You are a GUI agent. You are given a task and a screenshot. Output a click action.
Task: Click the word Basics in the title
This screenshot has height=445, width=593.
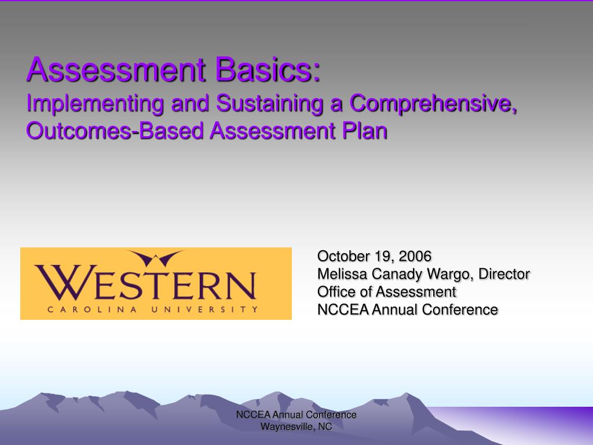[268, 70]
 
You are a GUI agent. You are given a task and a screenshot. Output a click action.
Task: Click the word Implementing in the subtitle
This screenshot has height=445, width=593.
[95, 103]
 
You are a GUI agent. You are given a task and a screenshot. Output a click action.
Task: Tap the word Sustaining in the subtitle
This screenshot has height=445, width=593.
[269, 103]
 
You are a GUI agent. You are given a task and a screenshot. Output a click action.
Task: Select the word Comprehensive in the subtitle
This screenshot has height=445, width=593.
[433, 103]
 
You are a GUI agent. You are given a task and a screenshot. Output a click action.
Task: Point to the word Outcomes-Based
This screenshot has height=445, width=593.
[115, 131]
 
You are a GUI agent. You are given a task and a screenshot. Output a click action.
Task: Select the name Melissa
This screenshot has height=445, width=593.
[342, 274]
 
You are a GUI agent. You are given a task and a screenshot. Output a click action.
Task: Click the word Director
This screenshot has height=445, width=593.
[504, 274]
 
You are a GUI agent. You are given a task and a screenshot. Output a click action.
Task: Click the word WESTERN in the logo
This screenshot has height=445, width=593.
[145, 282]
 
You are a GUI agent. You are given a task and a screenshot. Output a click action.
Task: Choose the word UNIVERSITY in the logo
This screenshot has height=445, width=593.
[204, 309]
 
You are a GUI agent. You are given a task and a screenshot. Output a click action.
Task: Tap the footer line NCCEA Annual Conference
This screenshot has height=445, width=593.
[296, 415]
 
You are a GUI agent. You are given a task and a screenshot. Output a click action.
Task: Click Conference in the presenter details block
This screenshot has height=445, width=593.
[460, 309]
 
